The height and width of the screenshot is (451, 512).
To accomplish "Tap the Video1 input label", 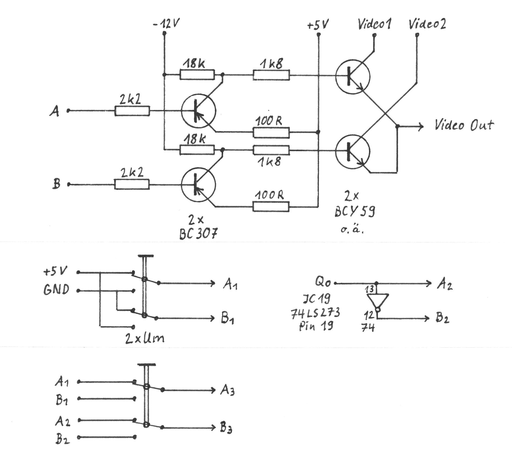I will point(374,24).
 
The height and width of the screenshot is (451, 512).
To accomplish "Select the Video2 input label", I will point(427,24).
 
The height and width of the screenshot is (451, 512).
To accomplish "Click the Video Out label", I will point(464,125).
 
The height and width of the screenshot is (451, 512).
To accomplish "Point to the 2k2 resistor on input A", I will point(132,111).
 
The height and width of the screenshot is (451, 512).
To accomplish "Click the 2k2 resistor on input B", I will point(132,184).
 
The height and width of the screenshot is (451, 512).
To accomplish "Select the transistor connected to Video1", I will point(353,76).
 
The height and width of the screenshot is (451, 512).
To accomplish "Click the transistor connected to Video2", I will point(353,151).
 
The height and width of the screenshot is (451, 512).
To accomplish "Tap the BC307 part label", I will point(198,234).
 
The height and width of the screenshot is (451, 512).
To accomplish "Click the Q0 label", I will point(323,282).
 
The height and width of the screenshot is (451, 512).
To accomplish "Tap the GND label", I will point(56,290).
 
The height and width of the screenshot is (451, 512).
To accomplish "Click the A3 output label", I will point(227,391).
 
